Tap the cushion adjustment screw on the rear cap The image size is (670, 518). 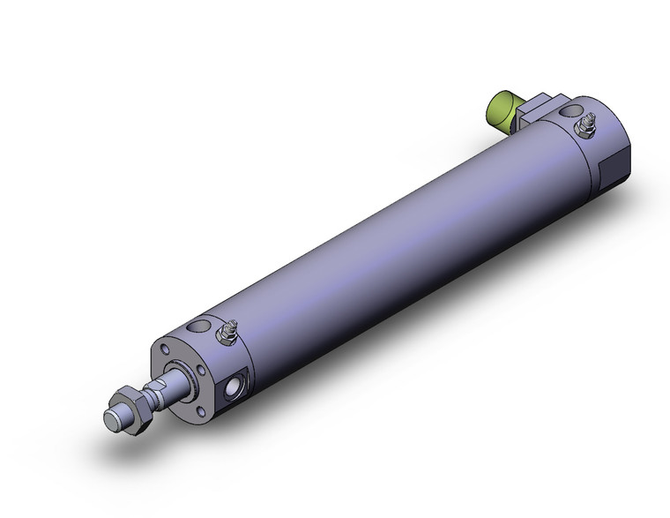click(x=583, y=131)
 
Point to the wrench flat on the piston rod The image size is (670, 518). click(x=162, y=389)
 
